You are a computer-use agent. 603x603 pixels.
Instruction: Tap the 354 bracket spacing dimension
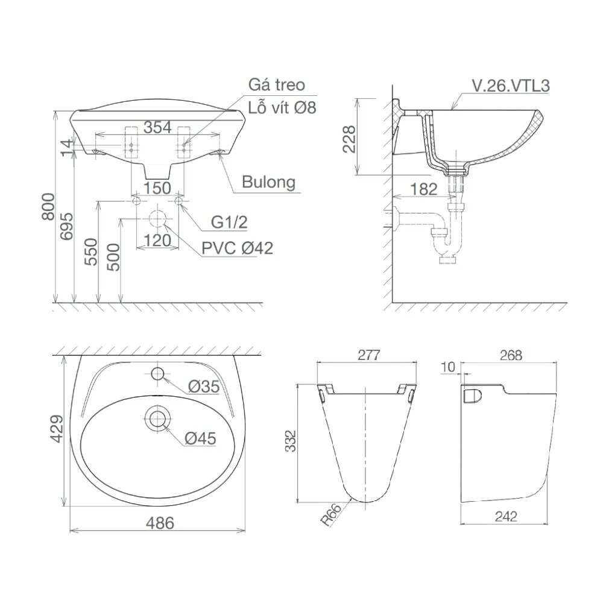[x=158, y=127]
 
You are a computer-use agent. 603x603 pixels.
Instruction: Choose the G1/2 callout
[x=229, y=223]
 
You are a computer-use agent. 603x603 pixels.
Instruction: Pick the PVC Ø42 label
[x=237, y=248]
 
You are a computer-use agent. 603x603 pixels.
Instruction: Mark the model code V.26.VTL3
[x=511, y=86]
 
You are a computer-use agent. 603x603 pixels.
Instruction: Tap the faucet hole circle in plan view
[x=158, y=373]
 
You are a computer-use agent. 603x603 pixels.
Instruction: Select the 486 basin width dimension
[x=158, y=523]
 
